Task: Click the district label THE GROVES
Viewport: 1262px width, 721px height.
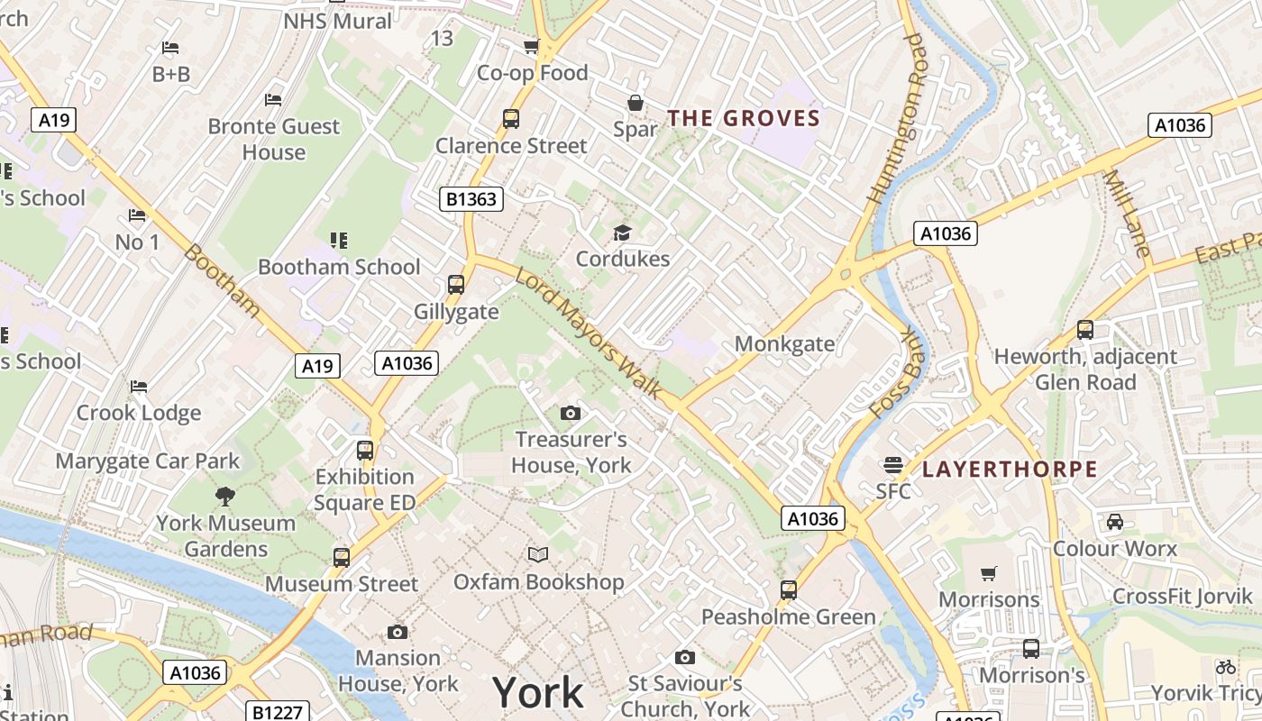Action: point(744,118)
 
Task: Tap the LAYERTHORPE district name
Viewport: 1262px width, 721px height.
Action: point(1010,470)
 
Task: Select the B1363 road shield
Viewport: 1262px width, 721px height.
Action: point(471,199)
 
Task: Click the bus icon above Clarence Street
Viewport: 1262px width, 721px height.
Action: point(511,119)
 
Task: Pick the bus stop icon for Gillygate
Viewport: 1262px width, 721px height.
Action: point(456,285)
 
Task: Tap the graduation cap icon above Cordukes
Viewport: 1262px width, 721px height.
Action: point(623,233)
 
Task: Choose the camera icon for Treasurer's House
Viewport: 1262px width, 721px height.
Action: point(571,413)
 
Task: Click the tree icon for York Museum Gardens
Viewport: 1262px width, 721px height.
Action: point(224,496)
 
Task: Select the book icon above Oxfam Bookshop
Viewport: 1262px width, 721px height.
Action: point(538,554)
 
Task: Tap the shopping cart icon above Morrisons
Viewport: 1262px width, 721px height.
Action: point(989,573)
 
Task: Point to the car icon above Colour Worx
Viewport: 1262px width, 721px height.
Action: point(1115,521)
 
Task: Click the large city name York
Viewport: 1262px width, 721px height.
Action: point(538,692)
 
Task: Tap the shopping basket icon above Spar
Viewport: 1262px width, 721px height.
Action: point(636,103)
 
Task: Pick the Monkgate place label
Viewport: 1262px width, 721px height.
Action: point(784,343)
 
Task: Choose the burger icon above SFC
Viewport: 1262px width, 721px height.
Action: point(893,465)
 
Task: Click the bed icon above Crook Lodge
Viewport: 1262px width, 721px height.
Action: point(139,387)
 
